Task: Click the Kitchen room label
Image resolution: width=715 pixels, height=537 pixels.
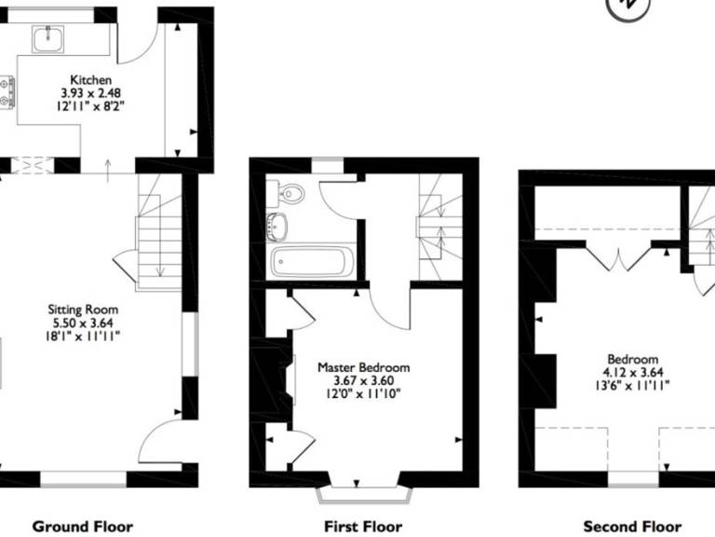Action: point(90,80)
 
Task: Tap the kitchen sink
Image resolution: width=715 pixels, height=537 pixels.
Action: point(47,39)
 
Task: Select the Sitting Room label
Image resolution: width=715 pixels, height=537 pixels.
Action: point(83,310)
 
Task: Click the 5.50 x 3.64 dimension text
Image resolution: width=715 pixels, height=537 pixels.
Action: point(83,323)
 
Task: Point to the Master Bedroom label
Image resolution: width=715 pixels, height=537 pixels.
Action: point(363,367)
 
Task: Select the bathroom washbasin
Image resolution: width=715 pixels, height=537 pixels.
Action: point(277,227)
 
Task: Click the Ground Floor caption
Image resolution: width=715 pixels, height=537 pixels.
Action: point(83,527)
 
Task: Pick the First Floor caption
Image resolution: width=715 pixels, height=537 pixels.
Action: point(363,527)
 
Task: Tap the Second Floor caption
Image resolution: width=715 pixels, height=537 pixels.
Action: point(632,527)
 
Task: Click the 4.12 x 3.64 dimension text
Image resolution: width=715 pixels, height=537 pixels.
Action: point(633,372)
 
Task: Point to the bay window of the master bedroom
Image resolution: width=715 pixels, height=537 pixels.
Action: point(364,495)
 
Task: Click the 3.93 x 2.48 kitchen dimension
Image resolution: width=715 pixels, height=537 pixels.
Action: point(90,93)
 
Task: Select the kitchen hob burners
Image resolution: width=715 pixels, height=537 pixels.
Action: point(7,92)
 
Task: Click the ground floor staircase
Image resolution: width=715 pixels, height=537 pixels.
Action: point(159,233)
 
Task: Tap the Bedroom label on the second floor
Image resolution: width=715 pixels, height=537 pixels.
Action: point(633,359)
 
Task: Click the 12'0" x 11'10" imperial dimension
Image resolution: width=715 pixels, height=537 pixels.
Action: point(363,393)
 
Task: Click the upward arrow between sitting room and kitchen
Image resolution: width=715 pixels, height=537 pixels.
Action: point(108,171)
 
